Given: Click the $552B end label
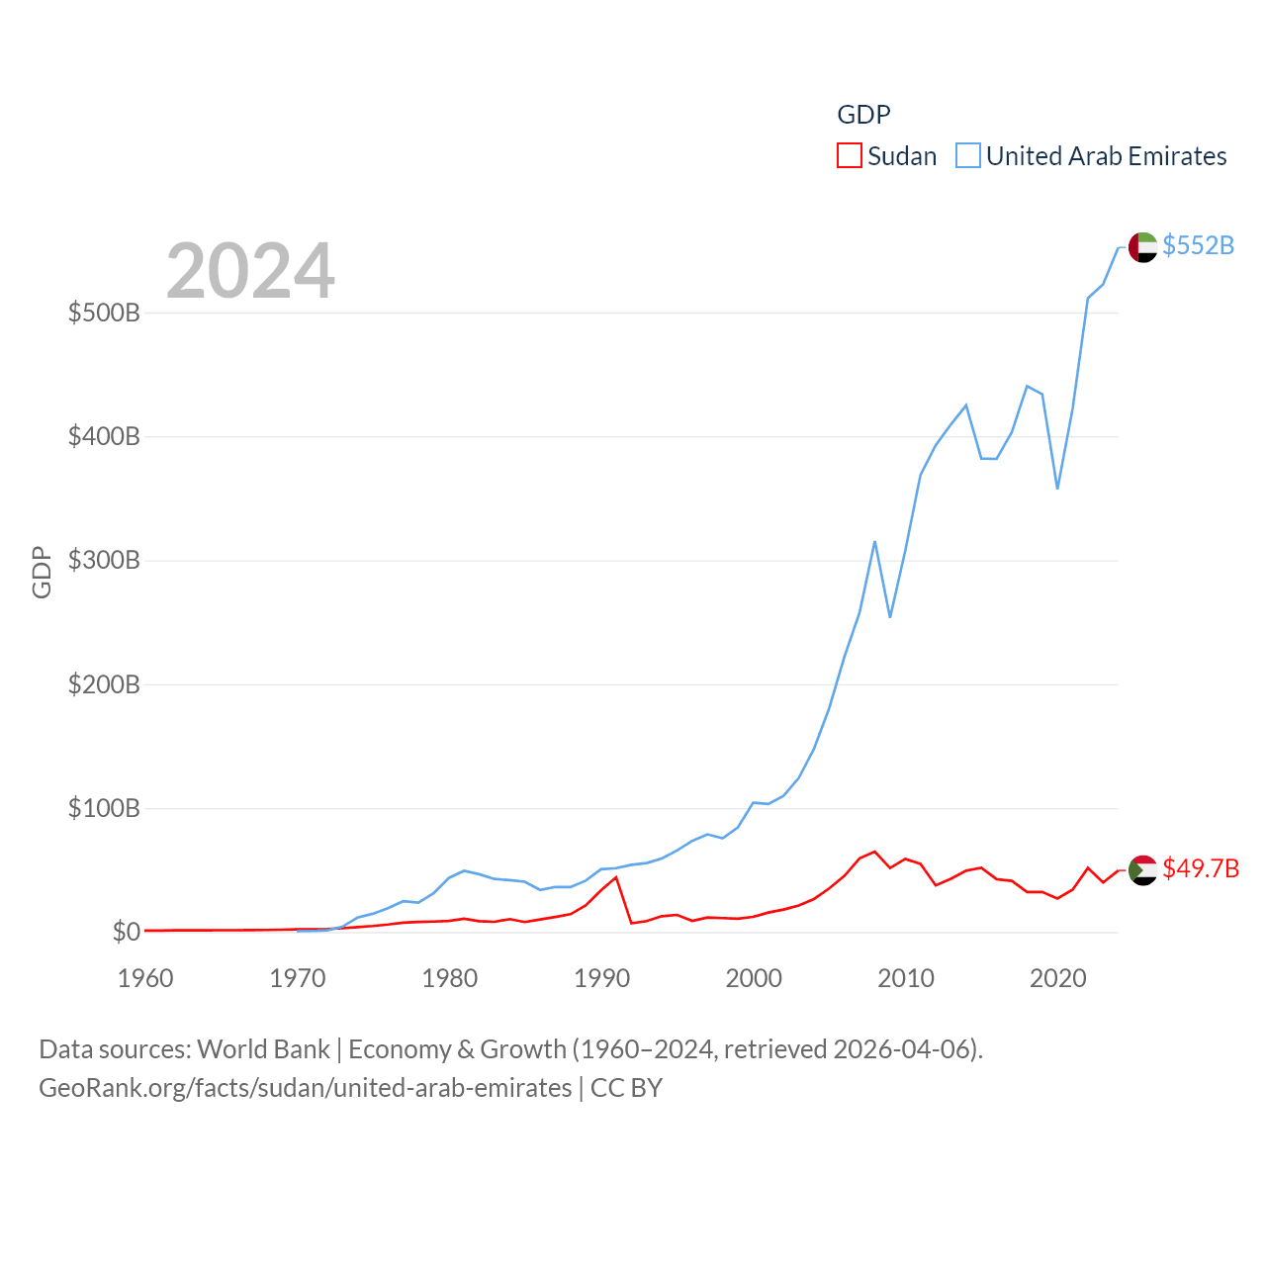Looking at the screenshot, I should click(x=1198, y=245).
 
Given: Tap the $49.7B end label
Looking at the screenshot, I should click(x=1201, y=868).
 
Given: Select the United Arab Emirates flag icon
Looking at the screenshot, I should click(x=1142, y=246).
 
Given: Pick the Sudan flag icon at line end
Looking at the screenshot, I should click(x=1142, y=869).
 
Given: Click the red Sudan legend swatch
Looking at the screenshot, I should click(x=849, y=156).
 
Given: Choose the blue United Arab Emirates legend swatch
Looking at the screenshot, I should click(x=967, y=156).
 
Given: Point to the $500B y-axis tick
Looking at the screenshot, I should click(x=104, y=314).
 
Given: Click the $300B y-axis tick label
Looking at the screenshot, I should click(x=104, y=561).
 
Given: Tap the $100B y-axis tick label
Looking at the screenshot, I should click(x=104, y=808).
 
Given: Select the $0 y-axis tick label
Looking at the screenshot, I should click(x=126, y=932).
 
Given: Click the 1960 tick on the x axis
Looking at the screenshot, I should click(x=145, y=978).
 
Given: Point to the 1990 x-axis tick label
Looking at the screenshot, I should click(x=601, y=978).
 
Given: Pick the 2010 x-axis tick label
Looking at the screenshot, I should click(x=906, y=978).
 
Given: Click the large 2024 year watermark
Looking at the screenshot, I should click(x=250, y=271).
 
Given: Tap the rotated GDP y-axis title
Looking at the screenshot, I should click(x=42, y=572).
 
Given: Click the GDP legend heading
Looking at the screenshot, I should click(x=863, y=115).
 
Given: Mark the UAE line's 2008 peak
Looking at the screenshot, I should click(x=874, y=542).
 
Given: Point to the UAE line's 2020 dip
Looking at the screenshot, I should click(x=1057, y=489).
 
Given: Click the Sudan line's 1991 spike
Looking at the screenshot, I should click(x=616, y=877).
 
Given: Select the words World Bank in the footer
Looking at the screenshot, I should click(x=263, y=1049).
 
